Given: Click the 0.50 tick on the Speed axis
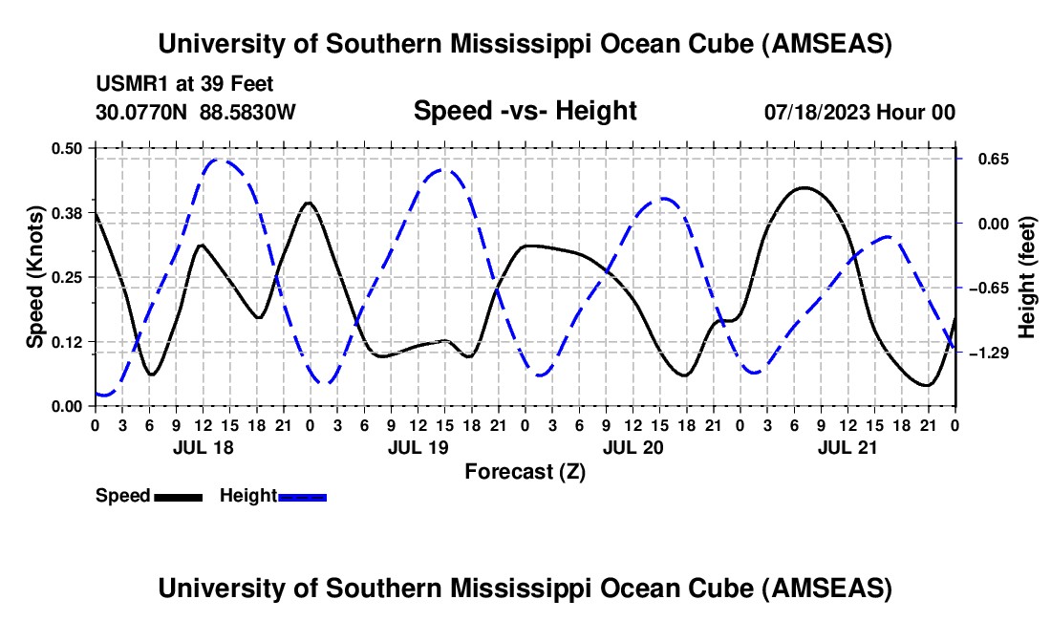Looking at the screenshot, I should (x=68, y=148).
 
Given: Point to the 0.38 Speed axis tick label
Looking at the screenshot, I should (x=68, y=212).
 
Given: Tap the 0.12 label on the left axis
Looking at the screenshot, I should (x=68, y=341).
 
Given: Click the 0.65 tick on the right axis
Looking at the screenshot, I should (x=987, y=159).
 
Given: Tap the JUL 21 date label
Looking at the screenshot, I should (x=848, y=446).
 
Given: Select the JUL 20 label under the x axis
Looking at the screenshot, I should (x=633, y=446).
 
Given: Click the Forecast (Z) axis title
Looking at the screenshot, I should (x=525, y=471).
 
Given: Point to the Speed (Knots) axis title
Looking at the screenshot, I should (x=35, y=277).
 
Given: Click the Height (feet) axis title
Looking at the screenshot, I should (x=1028, y=277).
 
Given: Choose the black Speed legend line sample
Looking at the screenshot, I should (x=178, y=496).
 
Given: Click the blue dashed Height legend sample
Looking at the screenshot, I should (x=302, y=496).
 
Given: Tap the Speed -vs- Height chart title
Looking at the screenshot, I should (x=525, y=111).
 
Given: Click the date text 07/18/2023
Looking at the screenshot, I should (x=817, y=113).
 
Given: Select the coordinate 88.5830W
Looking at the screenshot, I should (x=247, y=113).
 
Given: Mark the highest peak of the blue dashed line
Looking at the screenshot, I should (x=218, y=160).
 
